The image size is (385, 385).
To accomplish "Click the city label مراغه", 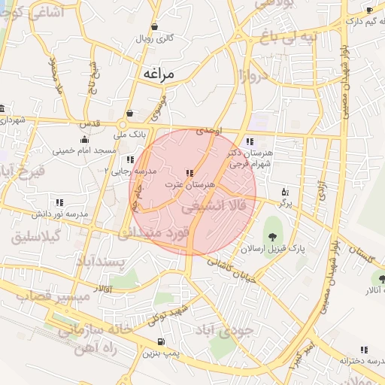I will [158, 74].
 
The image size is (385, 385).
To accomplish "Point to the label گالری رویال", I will [154, 38].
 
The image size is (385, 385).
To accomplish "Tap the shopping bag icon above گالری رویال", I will [154, 26].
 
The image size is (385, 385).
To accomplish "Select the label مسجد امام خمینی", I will [85, 150].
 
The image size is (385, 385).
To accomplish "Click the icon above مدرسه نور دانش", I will [59, 202].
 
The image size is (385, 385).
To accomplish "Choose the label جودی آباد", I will [226, 329].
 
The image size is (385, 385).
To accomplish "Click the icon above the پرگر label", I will [283, 192].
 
